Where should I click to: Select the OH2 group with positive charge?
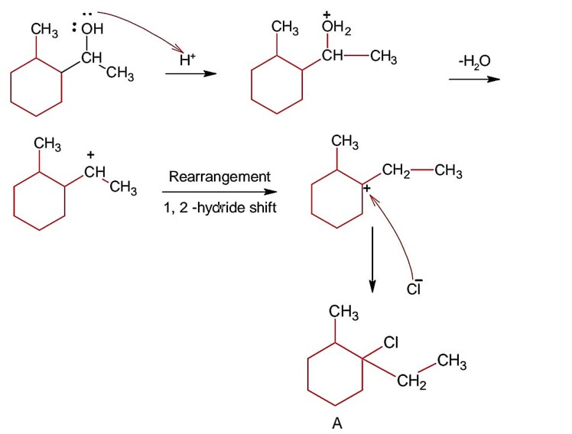[335, 29]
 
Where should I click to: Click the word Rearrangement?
[219, 177]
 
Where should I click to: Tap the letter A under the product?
[336, 424]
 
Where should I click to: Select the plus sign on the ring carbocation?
[366, 187]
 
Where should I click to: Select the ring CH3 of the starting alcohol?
[45, 30]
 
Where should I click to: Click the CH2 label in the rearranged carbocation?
[398, 170]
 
